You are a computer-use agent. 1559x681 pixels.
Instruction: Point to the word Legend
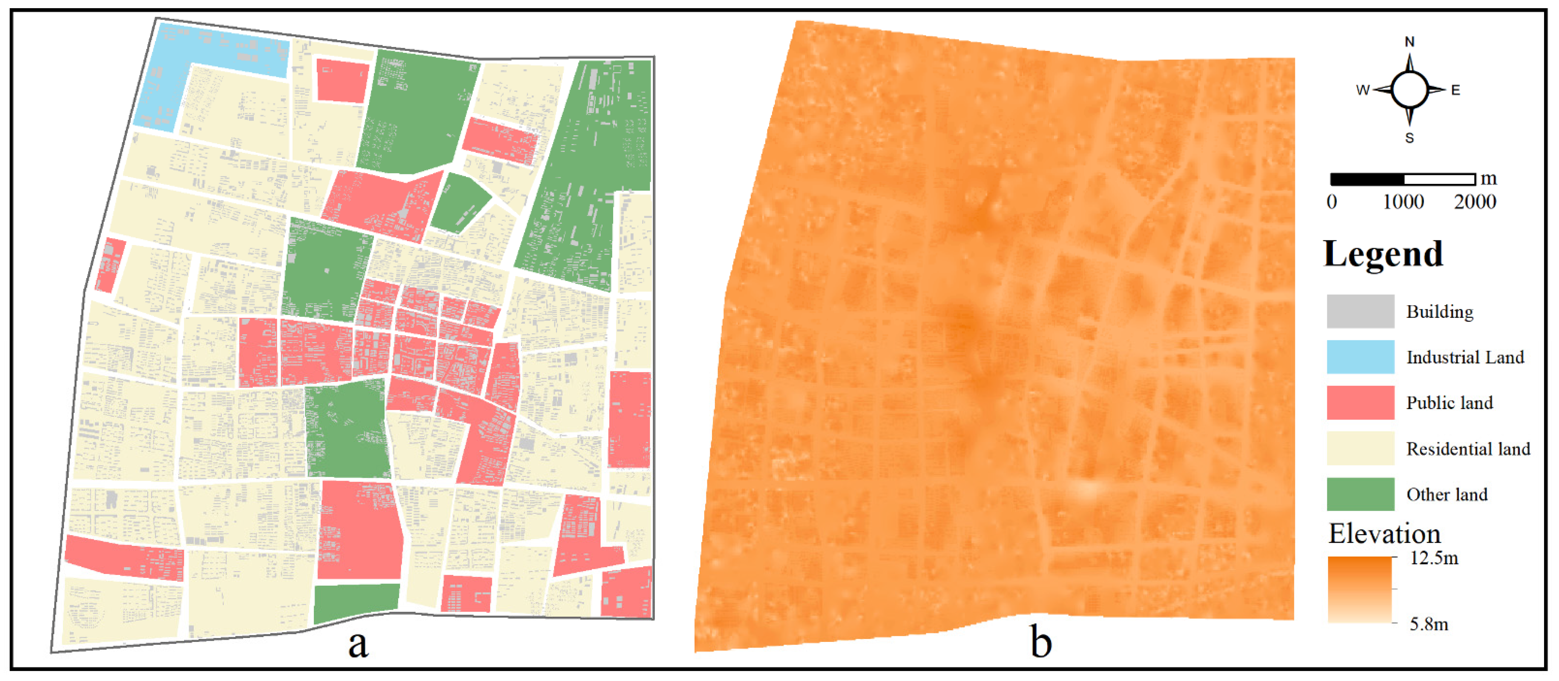tap(1383, 254)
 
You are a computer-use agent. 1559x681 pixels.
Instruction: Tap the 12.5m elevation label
tap(1434, 558)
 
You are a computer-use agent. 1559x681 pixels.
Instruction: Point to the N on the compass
tap(1409, 42)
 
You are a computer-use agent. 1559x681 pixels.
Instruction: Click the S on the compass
tap(1409, 138)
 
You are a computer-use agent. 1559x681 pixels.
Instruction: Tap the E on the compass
tap(1456, 90)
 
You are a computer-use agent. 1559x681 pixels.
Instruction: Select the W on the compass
tap(1362, 90)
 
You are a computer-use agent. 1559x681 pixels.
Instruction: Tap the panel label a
tap(358, 643)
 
